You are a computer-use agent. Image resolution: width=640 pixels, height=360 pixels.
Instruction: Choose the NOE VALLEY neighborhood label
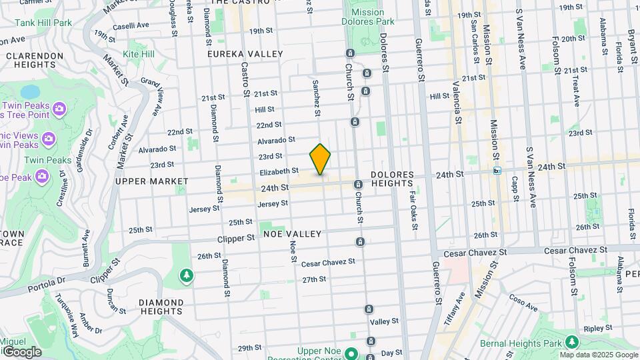(292, 234)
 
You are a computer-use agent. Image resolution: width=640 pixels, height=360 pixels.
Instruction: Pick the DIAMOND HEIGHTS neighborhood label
(161, 306)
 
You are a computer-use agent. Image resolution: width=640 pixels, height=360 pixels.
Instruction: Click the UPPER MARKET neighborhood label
(147, 181)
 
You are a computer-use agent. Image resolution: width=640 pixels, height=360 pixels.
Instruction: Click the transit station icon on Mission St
(497, 171)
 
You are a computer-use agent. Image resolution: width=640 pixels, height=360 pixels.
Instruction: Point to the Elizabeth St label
(279, 171)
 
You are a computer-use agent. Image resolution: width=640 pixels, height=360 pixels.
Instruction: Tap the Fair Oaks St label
(413, 211)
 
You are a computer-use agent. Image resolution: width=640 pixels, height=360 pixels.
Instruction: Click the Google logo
(21, 351)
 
